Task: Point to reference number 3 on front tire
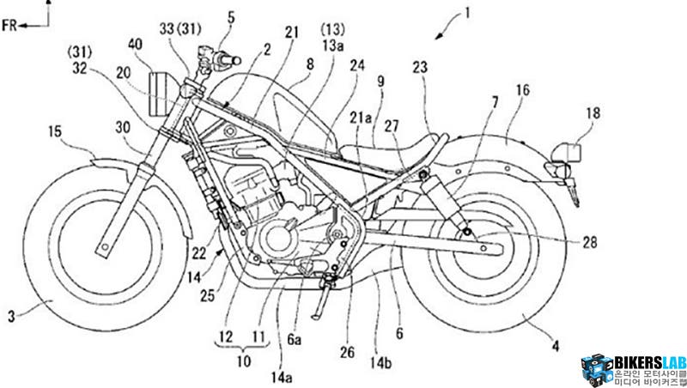pyautogui.click(x=11, y=317)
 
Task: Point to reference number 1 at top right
pyautogui.click(x=468, y=12)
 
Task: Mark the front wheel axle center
pyautogui.click(x=102, y=247)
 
